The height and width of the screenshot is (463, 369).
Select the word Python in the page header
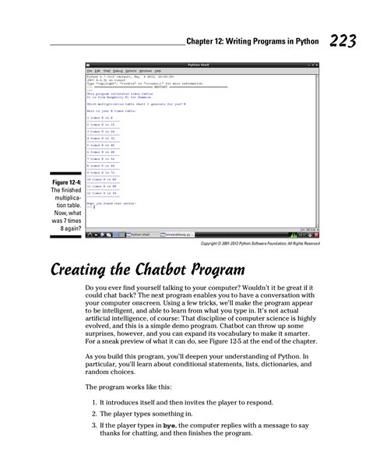[304, 41]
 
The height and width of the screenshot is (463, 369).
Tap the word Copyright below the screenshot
[213, 243]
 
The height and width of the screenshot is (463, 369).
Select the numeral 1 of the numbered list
[94, 402]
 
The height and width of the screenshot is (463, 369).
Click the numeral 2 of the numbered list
[94, 414]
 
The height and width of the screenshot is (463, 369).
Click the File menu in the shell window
[90, 71]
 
